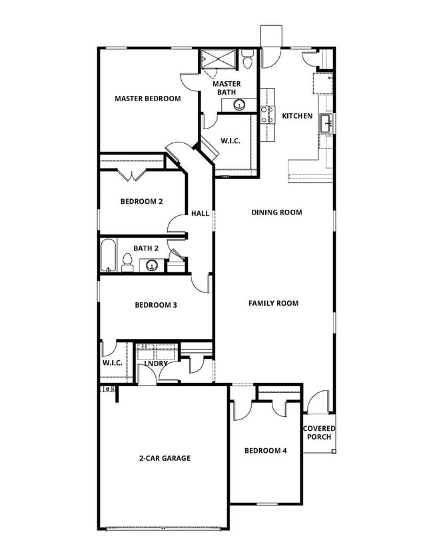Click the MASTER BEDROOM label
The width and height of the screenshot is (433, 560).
[x=147, y=99]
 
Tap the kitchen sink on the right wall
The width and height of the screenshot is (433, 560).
[x=326, y=123]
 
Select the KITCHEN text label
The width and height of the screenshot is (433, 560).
[x=297, y=116]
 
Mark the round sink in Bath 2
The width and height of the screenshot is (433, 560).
[x=152, y=266]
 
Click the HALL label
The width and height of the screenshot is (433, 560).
[x=200, y=214]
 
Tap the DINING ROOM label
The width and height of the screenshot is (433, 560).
[x=276, y=212]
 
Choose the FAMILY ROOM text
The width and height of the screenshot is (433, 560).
[x=273, y=303]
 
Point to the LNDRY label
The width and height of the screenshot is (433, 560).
[x=156, y=364]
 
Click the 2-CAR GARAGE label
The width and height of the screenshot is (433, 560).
[x=165, y=458]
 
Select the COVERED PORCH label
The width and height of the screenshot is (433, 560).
[x=319, y=433]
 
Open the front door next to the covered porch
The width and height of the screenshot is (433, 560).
[x=318, y=404]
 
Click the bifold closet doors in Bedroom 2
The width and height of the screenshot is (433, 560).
[x=133, y=176]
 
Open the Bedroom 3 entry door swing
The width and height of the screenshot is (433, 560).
[x=201, y=283]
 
